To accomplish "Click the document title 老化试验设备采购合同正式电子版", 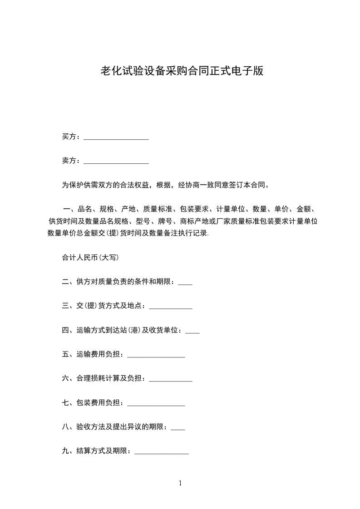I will tap(182, 71).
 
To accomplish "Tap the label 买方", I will tap(69, 137).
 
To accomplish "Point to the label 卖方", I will tap(69, 161).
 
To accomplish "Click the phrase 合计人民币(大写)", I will tap(90, 257).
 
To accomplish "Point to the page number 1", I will tap(180, 484).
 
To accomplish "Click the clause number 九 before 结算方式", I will tap(65, 451).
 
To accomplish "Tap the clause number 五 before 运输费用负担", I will tap(65, 354).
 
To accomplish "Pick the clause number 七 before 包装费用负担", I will tap(65, 402).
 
